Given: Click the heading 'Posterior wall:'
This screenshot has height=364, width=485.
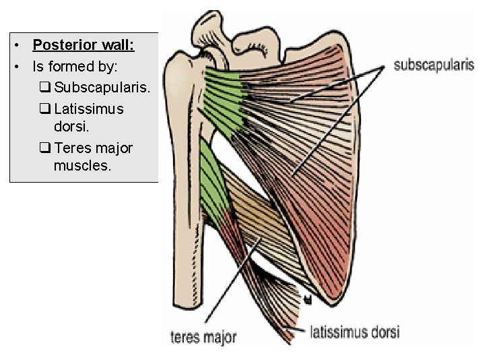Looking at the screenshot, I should click(x=84, y=46).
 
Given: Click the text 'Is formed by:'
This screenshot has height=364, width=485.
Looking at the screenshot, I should click(x=75, y=66).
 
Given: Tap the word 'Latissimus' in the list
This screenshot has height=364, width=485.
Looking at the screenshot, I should click(x=89, y=109).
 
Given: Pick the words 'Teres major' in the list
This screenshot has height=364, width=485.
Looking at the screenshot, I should click(x=94, y=147).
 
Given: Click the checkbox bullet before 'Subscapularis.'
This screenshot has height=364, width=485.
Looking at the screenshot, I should click(x=46, y=88).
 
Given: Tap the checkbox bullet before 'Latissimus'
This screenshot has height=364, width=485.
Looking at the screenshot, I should click(x=46, y=109).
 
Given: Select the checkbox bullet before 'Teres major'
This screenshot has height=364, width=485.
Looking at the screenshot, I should click(x=46, y=148).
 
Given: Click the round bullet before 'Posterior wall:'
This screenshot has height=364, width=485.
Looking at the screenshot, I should click(x=20, y=46).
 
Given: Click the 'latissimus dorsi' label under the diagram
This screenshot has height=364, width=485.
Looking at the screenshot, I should click(x=354, y=332).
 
